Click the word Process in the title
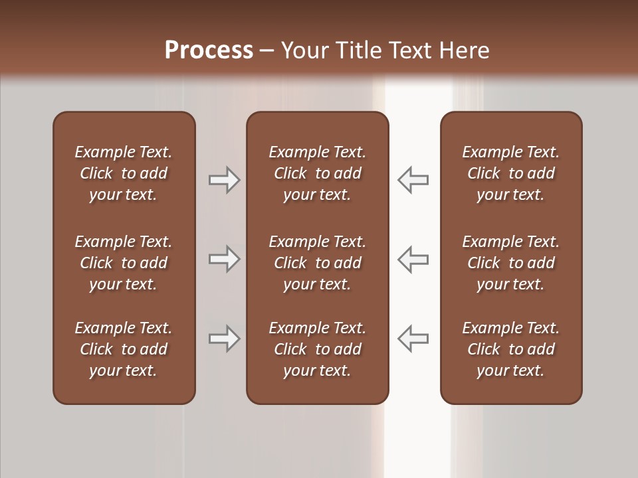(209, 50)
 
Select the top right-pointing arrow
(225, 180)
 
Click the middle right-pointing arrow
(225, 259)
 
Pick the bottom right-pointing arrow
(225, 339)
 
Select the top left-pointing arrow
(413, 180)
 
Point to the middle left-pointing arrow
(413, 259)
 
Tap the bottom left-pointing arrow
(413, 339)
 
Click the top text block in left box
(124, 173)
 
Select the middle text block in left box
(124, 263)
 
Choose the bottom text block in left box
(124, 349)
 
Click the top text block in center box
(317, 173)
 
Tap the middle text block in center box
(317, 263)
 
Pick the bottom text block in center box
(317, 349)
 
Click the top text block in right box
(510, 173)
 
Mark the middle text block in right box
(510, 263)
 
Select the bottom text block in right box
(510, 349)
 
